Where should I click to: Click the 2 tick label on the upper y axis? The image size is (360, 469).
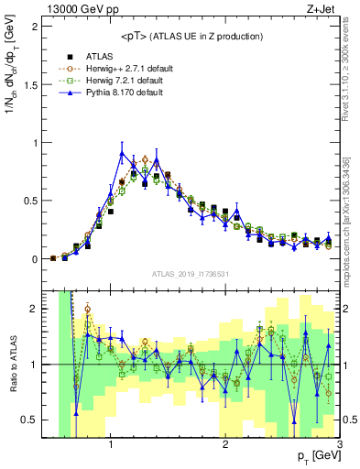pos(35,26)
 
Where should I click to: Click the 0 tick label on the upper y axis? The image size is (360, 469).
pos(35,259)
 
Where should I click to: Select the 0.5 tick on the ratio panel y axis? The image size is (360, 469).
pos(31,420)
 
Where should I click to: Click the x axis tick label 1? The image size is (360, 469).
pos(111,445)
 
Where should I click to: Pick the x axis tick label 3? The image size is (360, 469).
pos(339,445)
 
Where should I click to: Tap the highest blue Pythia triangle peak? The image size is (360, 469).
pos(122,153)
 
